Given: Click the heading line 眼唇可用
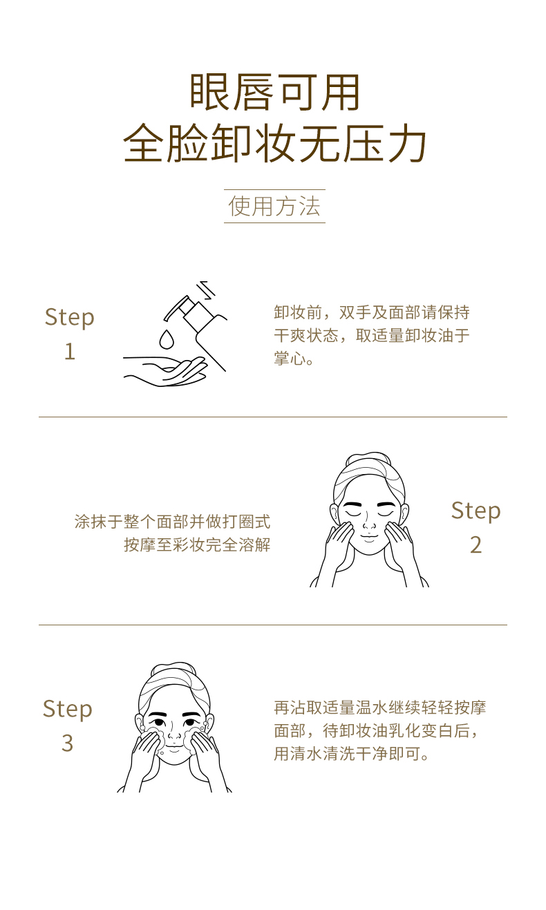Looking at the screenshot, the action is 274,93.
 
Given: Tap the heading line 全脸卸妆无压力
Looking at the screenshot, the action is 274,144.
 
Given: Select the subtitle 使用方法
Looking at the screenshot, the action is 274,206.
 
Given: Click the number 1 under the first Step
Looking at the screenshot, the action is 70,351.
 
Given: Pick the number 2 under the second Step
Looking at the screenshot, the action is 476,544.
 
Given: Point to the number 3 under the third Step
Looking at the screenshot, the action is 68,743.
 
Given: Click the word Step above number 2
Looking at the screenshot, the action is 476,511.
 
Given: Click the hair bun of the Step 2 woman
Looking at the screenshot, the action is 368,459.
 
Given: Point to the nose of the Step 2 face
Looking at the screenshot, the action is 369,522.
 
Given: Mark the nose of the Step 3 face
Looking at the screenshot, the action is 175,734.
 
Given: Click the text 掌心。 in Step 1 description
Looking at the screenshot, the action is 294,359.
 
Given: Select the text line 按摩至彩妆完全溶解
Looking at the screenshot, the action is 197,544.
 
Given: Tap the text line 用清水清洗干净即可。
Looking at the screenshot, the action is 352,754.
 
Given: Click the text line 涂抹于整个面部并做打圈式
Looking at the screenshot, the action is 172,522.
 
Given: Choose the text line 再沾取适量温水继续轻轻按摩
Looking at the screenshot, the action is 380,708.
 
